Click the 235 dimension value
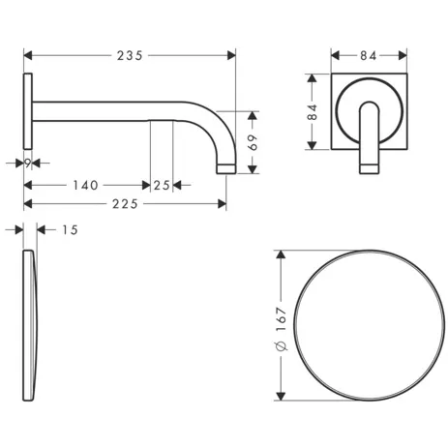tap(130, 55)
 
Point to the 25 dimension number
tap(162, 184)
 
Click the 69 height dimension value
tap(254, 142)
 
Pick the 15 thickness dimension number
tap(68, 229)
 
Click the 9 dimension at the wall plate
tap(29, 163)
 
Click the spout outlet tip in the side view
tap(226, 170)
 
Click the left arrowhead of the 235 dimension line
tap(26, 55)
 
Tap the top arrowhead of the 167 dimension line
tap(281, 254)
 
